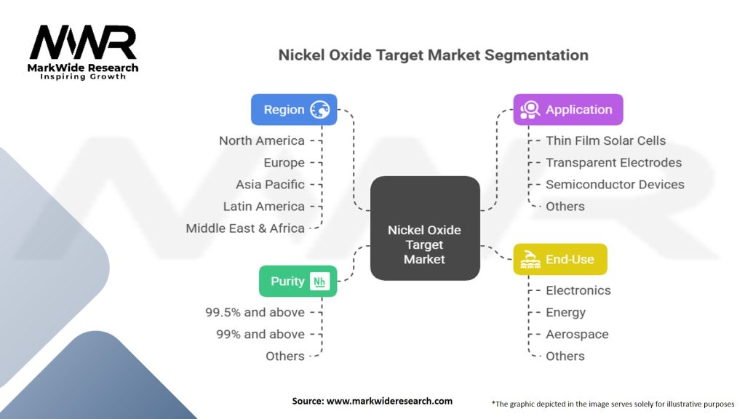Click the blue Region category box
pyautogui.click(x=294, y=110)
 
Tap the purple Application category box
pyautogui.click(x=568, y=110)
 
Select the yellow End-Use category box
pyautogui.click(x=560, y=260)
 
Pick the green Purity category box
pyautogui.click(x=298, y=282)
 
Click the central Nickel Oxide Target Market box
pyautogui.click(x=425, y=228)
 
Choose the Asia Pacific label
pyautogui.click(x=271, y=184)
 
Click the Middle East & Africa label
pyautogui.click(x=245, y=228)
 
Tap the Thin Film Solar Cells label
pyautogui.click(x=606, y=140)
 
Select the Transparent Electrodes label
pyautogui.click(x=614, y=162)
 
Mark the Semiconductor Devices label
pyautogui.click(x=615, y=184)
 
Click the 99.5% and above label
pyautogui.click(x=255, y=312)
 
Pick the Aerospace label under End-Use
pyautogui.click(x=577, y=335)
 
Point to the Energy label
pyautogui.click(x=566, y=313)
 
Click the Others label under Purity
pyautogui.click(x=285, y=356)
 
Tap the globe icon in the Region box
pyautogui.click(x=320, y=110)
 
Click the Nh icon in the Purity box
pyautogui.click(x=319, y=282)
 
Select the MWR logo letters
pyautogui.click(x=83, y=42)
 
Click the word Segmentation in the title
pyautogui.click(x=536, y=55)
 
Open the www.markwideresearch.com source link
pyautogui.click(x=390, y=401)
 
